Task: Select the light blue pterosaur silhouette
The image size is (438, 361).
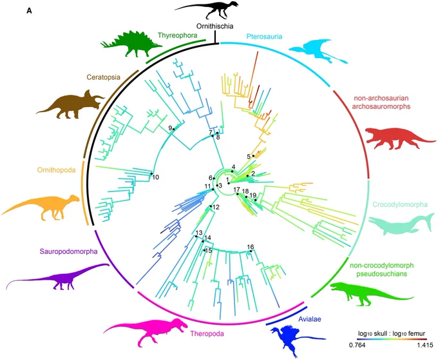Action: click(318, 51)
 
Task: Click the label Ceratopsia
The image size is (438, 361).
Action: click(103, 77)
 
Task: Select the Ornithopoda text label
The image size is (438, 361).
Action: click(57, 170)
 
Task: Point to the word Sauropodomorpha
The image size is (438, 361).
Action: click(68, 251)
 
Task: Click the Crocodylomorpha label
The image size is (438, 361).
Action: click(400, 204)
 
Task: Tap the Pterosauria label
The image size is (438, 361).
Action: click(264, 36)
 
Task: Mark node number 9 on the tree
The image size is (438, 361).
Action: click(173, 129)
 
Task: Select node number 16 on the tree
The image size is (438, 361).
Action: click(251, 251)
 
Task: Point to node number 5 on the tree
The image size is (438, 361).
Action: click(253, 156)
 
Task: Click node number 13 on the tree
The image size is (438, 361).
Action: click(196, 237)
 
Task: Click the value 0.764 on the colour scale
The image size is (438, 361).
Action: click(357, 345)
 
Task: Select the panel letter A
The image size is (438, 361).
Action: click(29, 11)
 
